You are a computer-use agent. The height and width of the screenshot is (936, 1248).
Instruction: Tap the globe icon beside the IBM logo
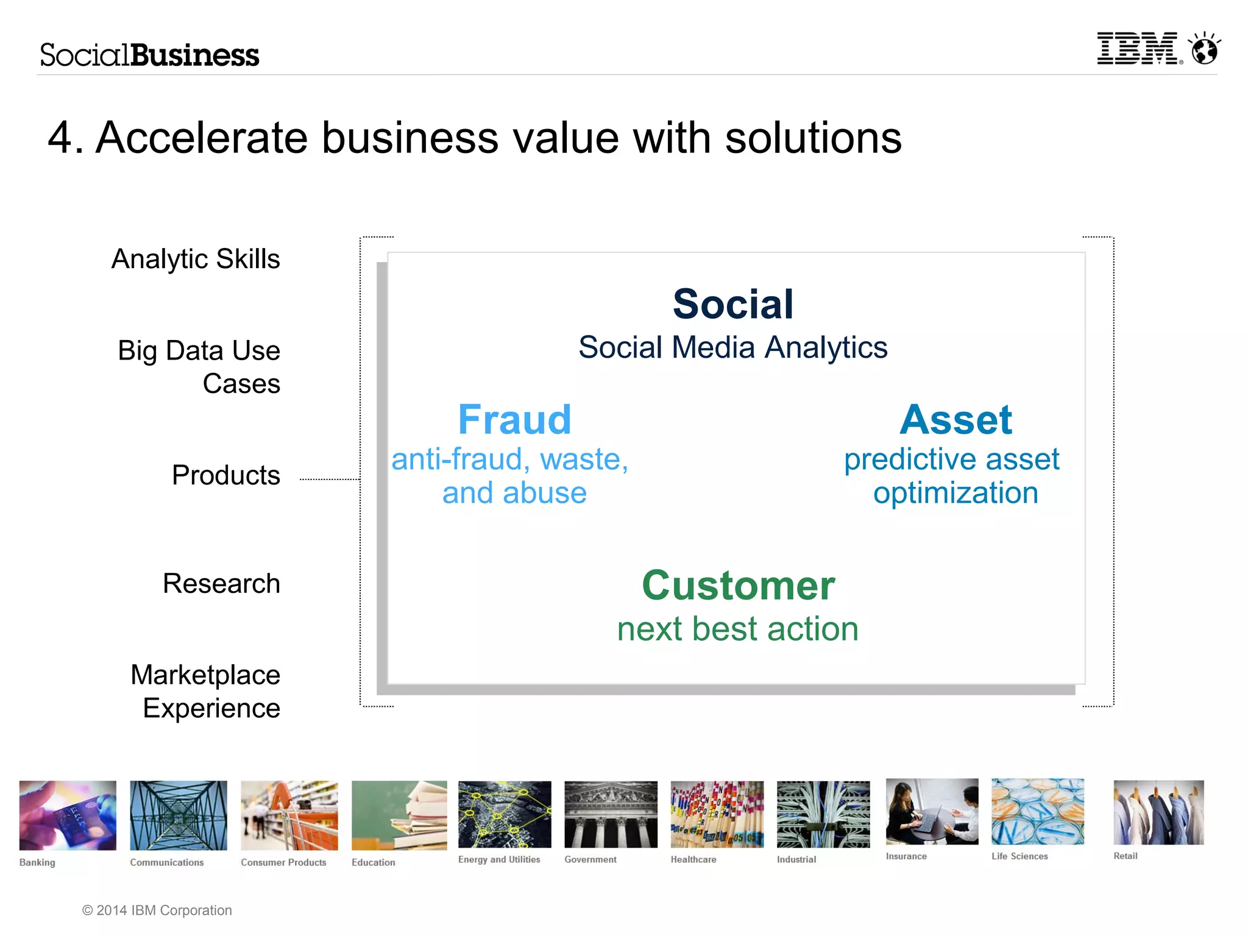coord(1205,49)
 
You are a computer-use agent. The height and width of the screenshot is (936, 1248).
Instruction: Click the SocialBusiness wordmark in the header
coord(150,55)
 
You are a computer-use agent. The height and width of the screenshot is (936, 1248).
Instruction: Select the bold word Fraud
coord(514,420)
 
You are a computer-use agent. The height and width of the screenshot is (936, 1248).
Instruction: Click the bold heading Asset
coord(955,420)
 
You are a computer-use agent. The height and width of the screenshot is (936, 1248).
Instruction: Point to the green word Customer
coord(738,586)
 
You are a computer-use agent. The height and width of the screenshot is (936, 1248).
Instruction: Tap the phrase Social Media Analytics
coord(732,347)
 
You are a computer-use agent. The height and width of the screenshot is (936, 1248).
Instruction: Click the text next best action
coord(737,629)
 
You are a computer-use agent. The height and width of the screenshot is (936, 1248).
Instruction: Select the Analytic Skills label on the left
coord(196,259)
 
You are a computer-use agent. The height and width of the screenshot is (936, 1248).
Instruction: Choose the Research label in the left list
coord(221,584)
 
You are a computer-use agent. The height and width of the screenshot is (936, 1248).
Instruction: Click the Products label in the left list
coord(225,475)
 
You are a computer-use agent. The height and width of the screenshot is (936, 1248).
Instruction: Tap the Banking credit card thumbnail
coord(68,815)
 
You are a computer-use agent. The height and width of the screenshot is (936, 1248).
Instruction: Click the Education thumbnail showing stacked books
coord(399,815)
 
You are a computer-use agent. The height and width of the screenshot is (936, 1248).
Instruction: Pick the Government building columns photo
coord(611,814)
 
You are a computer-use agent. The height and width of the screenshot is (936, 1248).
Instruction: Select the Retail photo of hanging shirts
coord(1158,812)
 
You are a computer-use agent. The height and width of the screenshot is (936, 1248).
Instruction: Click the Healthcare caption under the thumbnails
coord(693,859)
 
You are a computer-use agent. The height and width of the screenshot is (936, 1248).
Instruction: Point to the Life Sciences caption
coord(1019,856)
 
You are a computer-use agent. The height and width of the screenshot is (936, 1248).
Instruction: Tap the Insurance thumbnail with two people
coord(932,812)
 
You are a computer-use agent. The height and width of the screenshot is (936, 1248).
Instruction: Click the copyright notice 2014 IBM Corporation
coord(157,910)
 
